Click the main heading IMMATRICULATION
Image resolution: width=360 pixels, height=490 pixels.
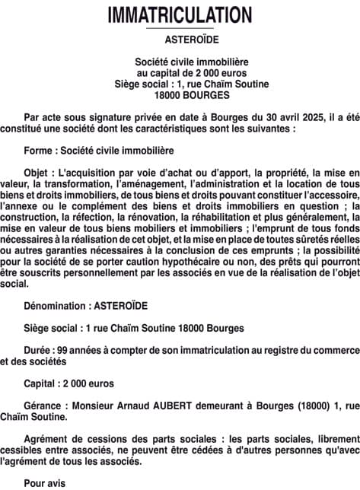click(x=180, y=14)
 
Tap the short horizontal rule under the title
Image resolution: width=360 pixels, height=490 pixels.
click(x=180, y=29)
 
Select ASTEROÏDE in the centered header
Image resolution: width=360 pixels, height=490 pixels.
click(x=180, y=39)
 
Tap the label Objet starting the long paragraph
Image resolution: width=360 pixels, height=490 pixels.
click(x=39, y=173)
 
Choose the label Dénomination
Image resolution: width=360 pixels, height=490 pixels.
click(x=55, y=306)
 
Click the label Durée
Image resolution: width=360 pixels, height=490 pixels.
click(x=39, y=350)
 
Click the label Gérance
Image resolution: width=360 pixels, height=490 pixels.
click(x=44, y=406)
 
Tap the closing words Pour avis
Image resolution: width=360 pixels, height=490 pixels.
click(x=45, y=482)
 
